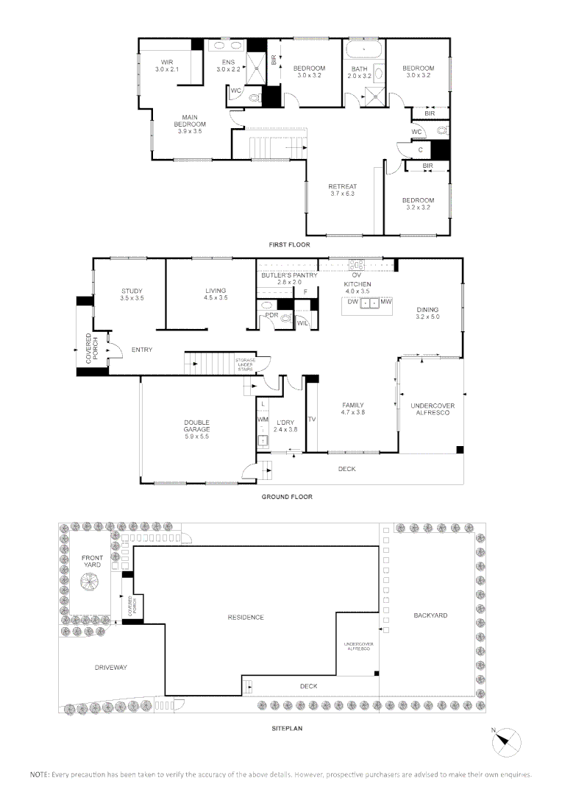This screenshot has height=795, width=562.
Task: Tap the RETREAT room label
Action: [x=343, y=186]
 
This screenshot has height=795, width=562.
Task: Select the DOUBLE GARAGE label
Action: [x=196, y=426]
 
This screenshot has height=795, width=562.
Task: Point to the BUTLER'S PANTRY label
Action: [x=289, y=275]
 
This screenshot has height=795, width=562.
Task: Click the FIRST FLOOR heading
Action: [x=289, y=245]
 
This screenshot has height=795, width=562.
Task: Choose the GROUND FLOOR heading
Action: [x=287, y=497]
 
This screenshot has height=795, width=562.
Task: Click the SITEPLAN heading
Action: [x=287, y=729]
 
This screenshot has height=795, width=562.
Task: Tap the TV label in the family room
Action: [x=312, y=420]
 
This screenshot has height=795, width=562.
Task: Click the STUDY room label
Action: [x=132, y=291]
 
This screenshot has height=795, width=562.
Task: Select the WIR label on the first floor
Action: [x=167, y=63]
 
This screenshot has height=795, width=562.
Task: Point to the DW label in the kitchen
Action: [x=352, y=302]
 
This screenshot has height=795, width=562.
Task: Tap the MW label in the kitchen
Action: [x=386, y=302]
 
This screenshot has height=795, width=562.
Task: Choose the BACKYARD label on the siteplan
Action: [x=430, y=615]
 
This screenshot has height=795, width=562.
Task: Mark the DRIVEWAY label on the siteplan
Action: [x=110, y=667]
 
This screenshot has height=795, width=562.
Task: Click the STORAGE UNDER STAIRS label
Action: [x=246, y=364]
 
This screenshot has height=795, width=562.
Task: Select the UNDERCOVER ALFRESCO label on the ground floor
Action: [x=433, y=409]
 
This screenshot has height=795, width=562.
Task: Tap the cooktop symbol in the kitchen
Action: [x=358, y=265]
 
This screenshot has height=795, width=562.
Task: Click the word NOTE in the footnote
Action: [x=40, y=774]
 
